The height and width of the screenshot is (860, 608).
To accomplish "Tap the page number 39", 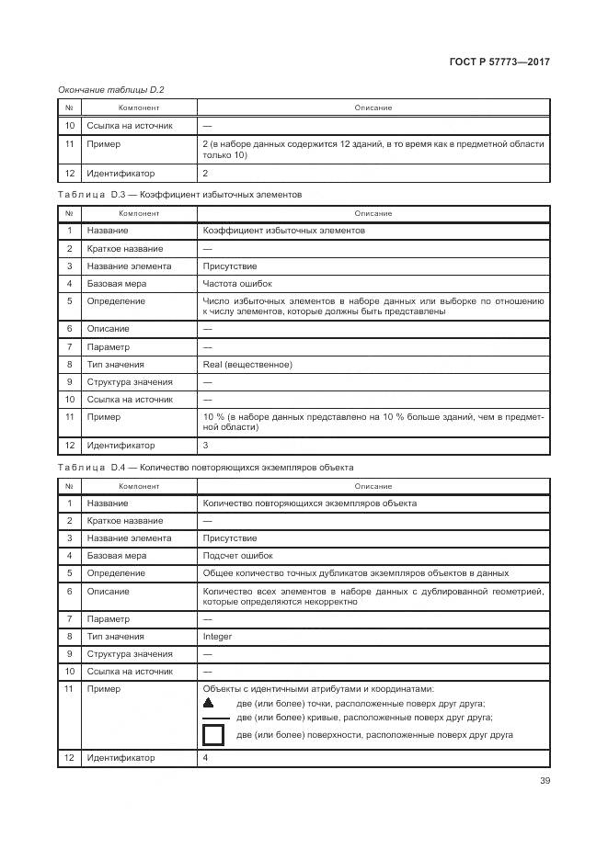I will [544, 783].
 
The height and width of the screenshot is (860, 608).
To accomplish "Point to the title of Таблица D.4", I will [204, 468].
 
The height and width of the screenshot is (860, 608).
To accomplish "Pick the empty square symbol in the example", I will [213, 735].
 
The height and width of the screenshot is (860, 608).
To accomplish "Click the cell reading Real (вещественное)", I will [247, 365].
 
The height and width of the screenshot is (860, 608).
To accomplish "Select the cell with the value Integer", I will [217, 637].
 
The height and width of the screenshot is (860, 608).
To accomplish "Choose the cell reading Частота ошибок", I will [236, 284].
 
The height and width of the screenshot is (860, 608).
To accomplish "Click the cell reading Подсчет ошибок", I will [237, 556].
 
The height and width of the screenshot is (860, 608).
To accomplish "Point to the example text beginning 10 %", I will [373, 422].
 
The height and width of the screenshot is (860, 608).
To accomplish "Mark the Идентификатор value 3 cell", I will [205, 446].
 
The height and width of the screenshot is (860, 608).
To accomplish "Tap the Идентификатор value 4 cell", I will [205, 758].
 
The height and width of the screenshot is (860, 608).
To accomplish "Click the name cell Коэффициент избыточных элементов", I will [283, 231].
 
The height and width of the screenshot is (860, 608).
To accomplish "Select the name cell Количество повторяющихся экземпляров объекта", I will [309, 504].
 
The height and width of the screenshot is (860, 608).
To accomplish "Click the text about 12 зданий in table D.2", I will [373, 149].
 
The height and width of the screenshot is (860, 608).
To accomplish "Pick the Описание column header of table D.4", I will [373, 486].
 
